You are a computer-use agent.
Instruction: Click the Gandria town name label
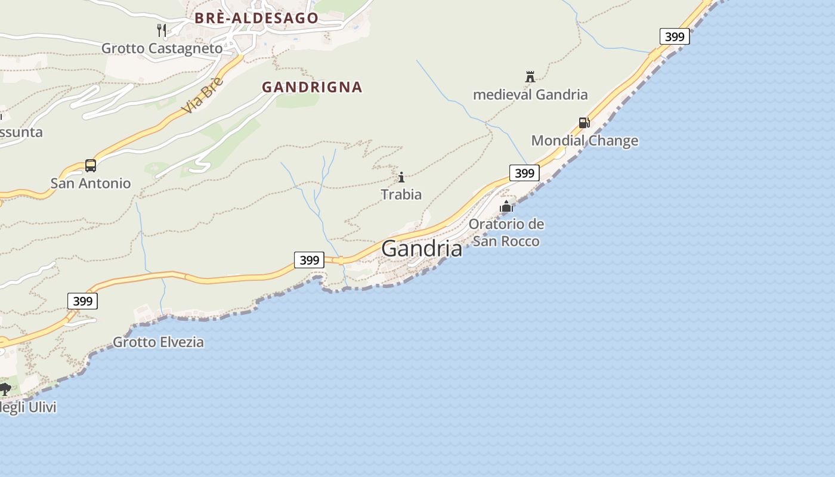pyautogui.click(x=422, y=248)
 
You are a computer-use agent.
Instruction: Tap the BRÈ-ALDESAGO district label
pyautogui.click(x=256, y=18)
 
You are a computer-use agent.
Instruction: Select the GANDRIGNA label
pyautogui.click(x=312, y=87)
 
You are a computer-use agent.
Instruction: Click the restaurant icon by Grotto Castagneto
pyautogui.click(x=162, y=30)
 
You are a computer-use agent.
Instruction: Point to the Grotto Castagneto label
pyautogui.click(x=162, y=48)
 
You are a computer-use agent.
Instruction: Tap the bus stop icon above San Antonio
pyautogui.click(x=91, y=165)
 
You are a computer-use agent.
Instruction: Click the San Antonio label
pyautogui.click(x=90, y=183)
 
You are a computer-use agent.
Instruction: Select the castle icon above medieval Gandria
pyautogui.click(x=530, y=76)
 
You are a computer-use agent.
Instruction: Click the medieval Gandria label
pyautogui.click(x=530, y=94)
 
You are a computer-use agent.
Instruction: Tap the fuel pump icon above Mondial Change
pyautogui.click(x=584, y=123)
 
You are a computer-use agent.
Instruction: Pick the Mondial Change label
pyautogui.click(x=584, y=141)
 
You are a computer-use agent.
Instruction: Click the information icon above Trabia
pyautogui.click(x=401, y=177)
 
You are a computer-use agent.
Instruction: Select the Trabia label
pyautogui.click(x=401, y=194)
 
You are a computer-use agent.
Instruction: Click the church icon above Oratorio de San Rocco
pyautogui.click(x=506, y=206)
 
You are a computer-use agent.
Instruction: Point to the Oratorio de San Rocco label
pyautogui.click(x=506, y=233)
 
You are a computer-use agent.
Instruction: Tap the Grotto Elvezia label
pyautogui.click(x=158, y=342)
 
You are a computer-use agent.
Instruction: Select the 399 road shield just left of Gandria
pyautogui.click(x=309, y=260)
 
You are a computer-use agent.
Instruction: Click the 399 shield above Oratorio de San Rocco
pyautogui.click(x=524, y=174)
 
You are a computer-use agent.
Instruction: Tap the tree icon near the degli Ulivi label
pyautogui.click(x=5, y=389)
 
